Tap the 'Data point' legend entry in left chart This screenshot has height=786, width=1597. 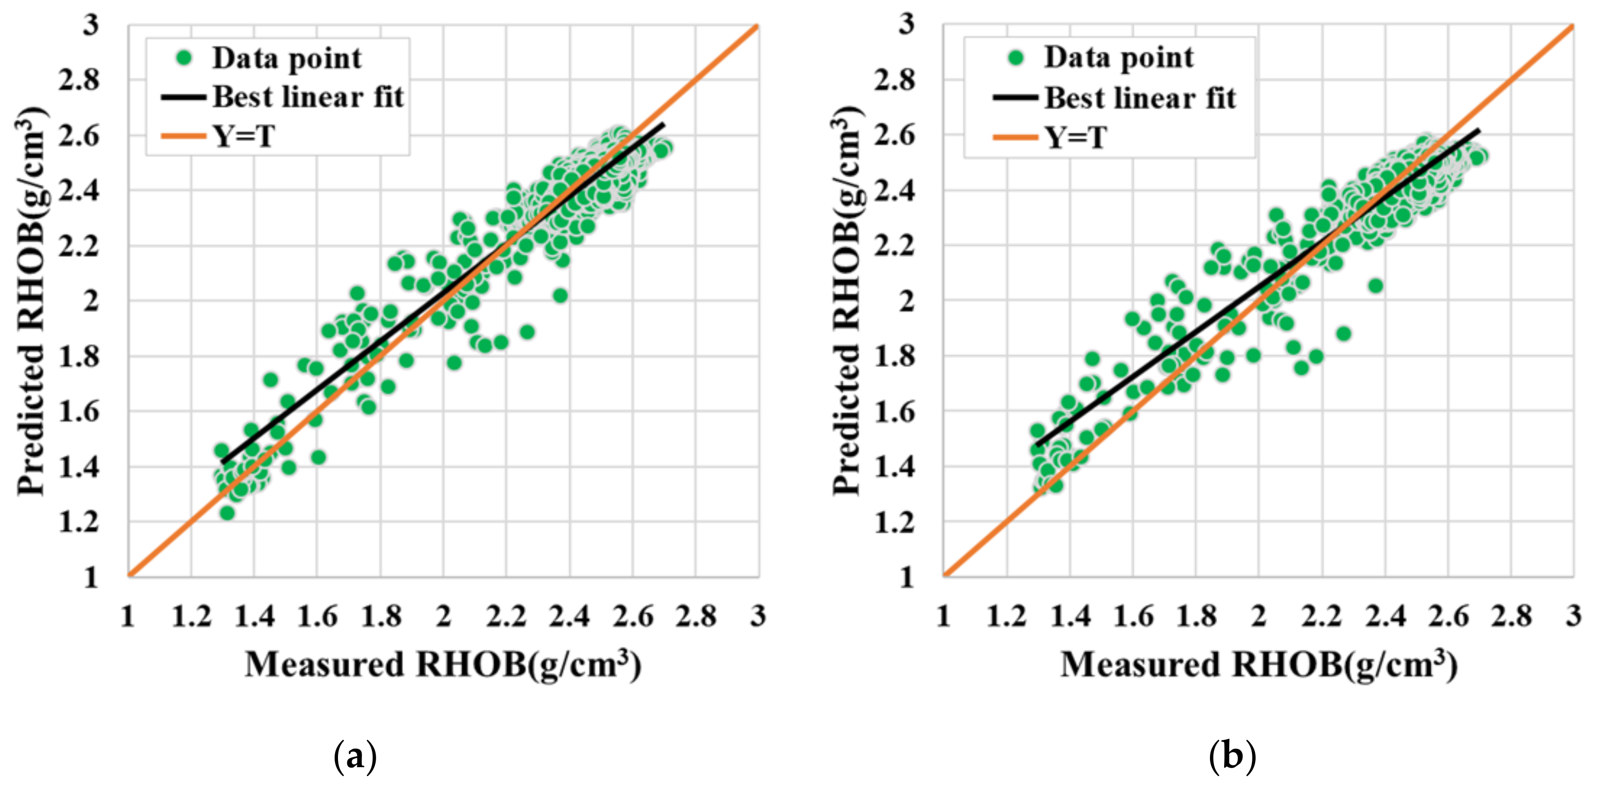(x=287, y=58)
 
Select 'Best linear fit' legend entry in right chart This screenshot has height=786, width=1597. (x=1139, y=98)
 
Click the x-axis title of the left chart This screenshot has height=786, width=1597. (x=443, y=665)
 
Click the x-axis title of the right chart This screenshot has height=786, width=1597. (x=1259, y=665)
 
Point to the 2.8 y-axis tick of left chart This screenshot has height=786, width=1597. (x=79, y=80)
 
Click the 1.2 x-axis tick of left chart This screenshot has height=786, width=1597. (x=191, y=616)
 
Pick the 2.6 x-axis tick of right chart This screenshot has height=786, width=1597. (x=1448, y=616)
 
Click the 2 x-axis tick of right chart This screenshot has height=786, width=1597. (x=1258, y=616)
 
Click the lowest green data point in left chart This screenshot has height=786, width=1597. (x=227, y=513)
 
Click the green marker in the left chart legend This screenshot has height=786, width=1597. (x=184, y=58)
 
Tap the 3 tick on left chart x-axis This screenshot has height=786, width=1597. (x=757, y=616)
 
